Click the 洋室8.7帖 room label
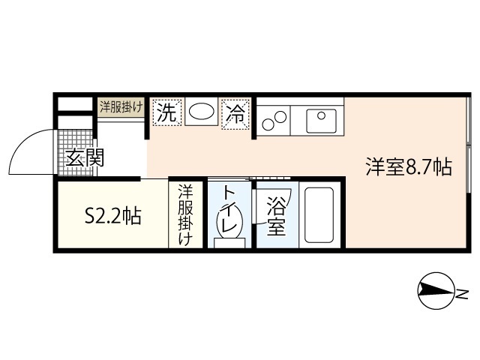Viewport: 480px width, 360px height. point(409,166)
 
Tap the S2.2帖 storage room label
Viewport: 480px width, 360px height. point(112,217)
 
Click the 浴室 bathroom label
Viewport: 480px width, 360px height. point(276,216)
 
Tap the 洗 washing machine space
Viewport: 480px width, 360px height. point(166,113)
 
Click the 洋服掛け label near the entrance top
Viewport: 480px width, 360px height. point(121,106)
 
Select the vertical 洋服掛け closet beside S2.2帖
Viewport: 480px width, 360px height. point(185,215)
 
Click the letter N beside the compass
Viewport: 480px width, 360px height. point(463,292)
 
